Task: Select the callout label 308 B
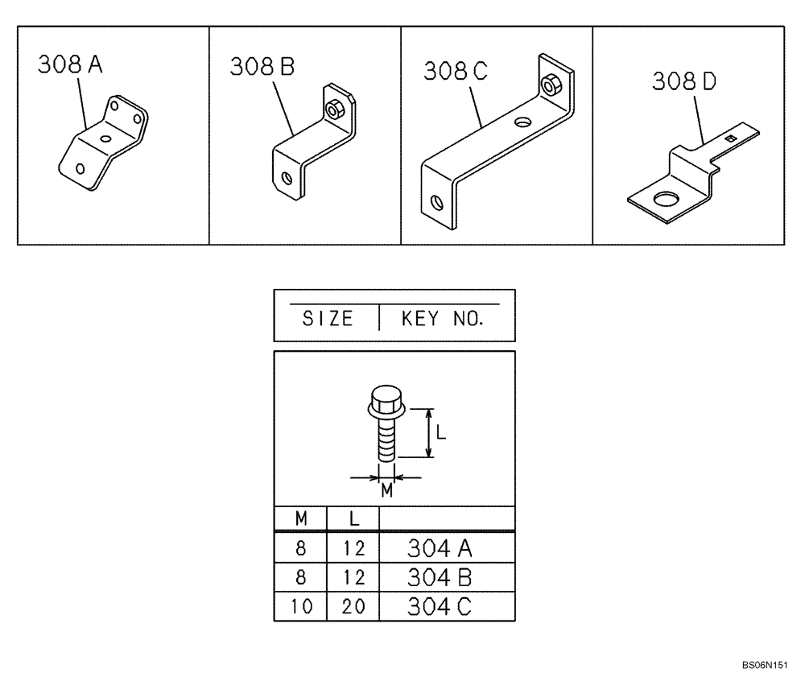pyautogui.click(x=262, y=68)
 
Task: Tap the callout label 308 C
pyautogui.click(x=456, y=71)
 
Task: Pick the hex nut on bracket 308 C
pyautogui.click(x=551, y=84)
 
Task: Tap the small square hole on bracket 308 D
pyautogui.click(x=729, y=138)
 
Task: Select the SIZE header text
pyautogui.click(x=328, y=319)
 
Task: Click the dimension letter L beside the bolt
pyautogui.click(x=440, y=431)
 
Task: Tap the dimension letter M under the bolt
pyautogui.click(x=386, y=490)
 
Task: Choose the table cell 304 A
pyautogui.click(x=439, y=549)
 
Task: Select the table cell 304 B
pyautogui.click(x=439, y=577)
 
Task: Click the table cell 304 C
pyautogui.click(x=439, y=605)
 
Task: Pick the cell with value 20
pyautogui.click(x=353, y=605)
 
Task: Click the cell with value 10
pyautogui.click(x=300, y=605)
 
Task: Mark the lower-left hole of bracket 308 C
pyautogui.click(x=436, y=201)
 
